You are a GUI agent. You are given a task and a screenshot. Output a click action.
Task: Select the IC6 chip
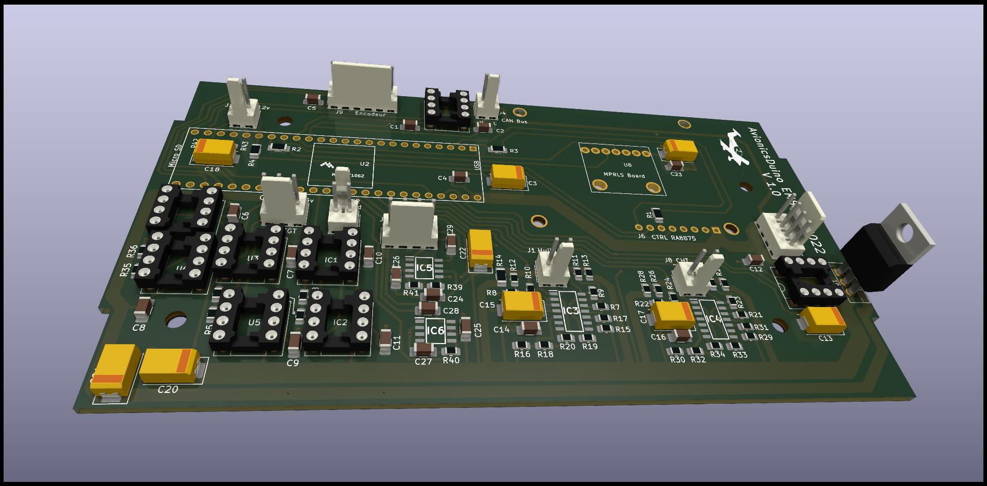pyautogui.click(x=435, y=331)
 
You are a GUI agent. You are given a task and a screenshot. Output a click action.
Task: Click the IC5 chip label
pyautogui.click(x=424, y=268)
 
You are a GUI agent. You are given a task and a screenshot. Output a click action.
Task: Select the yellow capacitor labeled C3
pyautogui.click(x=508, y=176)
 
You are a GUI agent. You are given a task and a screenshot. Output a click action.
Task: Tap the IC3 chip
pyautogui.click(x=570, y=311)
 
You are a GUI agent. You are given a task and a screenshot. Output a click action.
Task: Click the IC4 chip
pyautogui.click(x=714, y=319)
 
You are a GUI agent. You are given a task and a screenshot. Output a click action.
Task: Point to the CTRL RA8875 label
pyautogui.click(x=674, y=238)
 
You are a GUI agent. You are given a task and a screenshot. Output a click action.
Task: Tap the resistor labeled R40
pyautogui.click(x=451, y=351)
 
